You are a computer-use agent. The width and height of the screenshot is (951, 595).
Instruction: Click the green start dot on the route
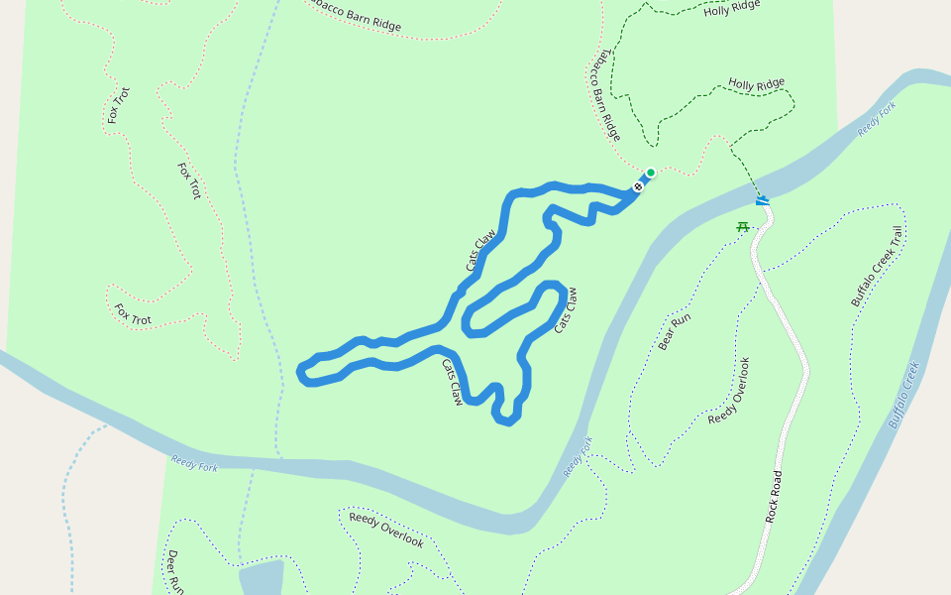pyautogui.click(x=651, y=172)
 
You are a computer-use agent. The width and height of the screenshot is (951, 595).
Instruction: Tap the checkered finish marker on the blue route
pyautogui.click(x=639, y=185)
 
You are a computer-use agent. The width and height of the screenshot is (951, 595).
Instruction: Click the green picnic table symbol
pyautogui.click(x=742, y=227)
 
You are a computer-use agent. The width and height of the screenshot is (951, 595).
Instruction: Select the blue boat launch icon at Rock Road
pyautogui.click(x=762, y=201)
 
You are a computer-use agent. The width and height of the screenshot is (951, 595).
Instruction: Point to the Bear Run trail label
pyautogui.click(x=674, y=332)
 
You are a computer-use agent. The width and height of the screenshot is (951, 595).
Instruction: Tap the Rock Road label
pyautogui.click(x=775, y=496)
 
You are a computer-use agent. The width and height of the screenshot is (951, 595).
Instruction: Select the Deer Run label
pyautogui.click(x=174, y=571)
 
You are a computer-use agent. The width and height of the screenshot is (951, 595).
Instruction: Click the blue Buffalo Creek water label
pyautogui.click(x=903, y=394)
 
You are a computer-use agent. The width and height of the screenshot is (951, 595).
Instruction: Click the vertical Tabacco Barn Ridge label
pyautogui.click(x=605, y=94)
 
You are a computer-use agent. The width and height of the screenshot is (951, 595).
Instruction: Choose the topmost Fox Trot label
pyautogui.click(x=118, y=106)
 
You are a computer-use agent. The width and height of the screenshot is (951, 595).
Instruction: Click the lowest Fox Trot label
pyautogui.click(x=133, y=314)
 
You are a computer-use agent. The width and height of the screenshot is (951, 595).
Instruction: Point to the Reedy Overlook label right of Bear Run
pyautogui.click(x=730, y=391)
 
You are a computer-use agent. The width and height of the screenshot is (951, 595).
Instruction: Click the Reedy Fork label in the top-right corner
pyautogui.click(x=878, y=118)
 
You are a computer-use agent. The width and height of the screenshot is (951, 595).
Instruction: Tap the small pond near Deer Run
pyautogui.click(x=260, y=578)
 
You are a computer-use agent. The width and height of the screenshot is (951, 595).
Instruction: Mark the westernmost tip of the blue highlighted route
pyautogui.click(x=300, y=371)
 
